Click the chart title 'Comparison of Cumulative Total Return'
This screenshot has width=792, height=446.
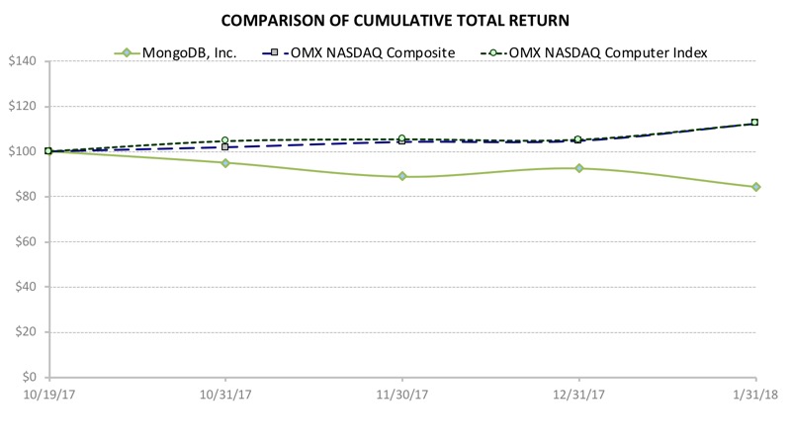point(396,20)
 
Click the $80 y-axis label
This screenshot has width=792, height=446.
point(25,197)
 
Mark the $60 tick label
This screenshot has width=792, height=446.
point(25,242)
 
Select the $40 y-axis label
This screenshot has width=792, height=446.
point(25,287)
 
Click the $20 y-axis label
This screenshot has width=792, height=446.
point(25,332)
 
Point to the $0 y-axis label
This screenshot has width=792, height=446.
point(28,378)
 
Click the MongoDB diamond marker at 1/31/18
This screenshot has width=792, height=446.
point(755,187)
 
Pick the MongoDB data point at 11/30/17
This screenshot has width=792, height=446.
point(402,176)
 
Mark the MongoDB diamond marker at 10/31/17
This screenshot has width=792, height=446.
point(225,162)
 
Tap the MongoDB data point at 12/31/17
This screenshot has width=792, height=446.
point(578,168)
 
